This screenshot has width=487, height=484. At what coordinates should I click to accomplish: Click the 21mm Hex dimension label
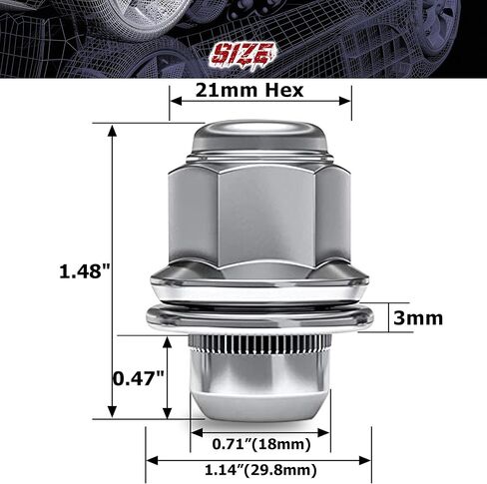(x=260, y=90)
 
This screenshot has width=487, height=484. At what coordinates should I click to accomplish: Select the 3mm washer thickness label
(x=418, y=318)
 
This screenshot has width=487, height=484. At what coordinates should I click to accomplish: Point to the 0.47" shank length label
(x=137, y=378)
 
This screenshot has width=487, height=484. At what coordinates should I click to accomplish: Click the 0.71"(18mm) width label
(x=260, y=442)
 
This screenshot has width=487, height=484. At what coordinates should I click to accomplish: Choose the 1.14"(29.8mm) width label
(x=260, y=469)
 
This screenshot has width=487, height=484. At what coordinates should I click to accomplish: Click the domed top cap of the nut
(x=259, y=137)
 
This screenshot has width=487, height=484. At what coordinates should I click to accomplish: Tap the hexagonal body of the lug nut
(x=259, y=215)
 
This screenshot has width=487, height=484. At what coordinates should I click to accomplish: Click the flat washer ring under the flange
(x=259, y=318)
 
